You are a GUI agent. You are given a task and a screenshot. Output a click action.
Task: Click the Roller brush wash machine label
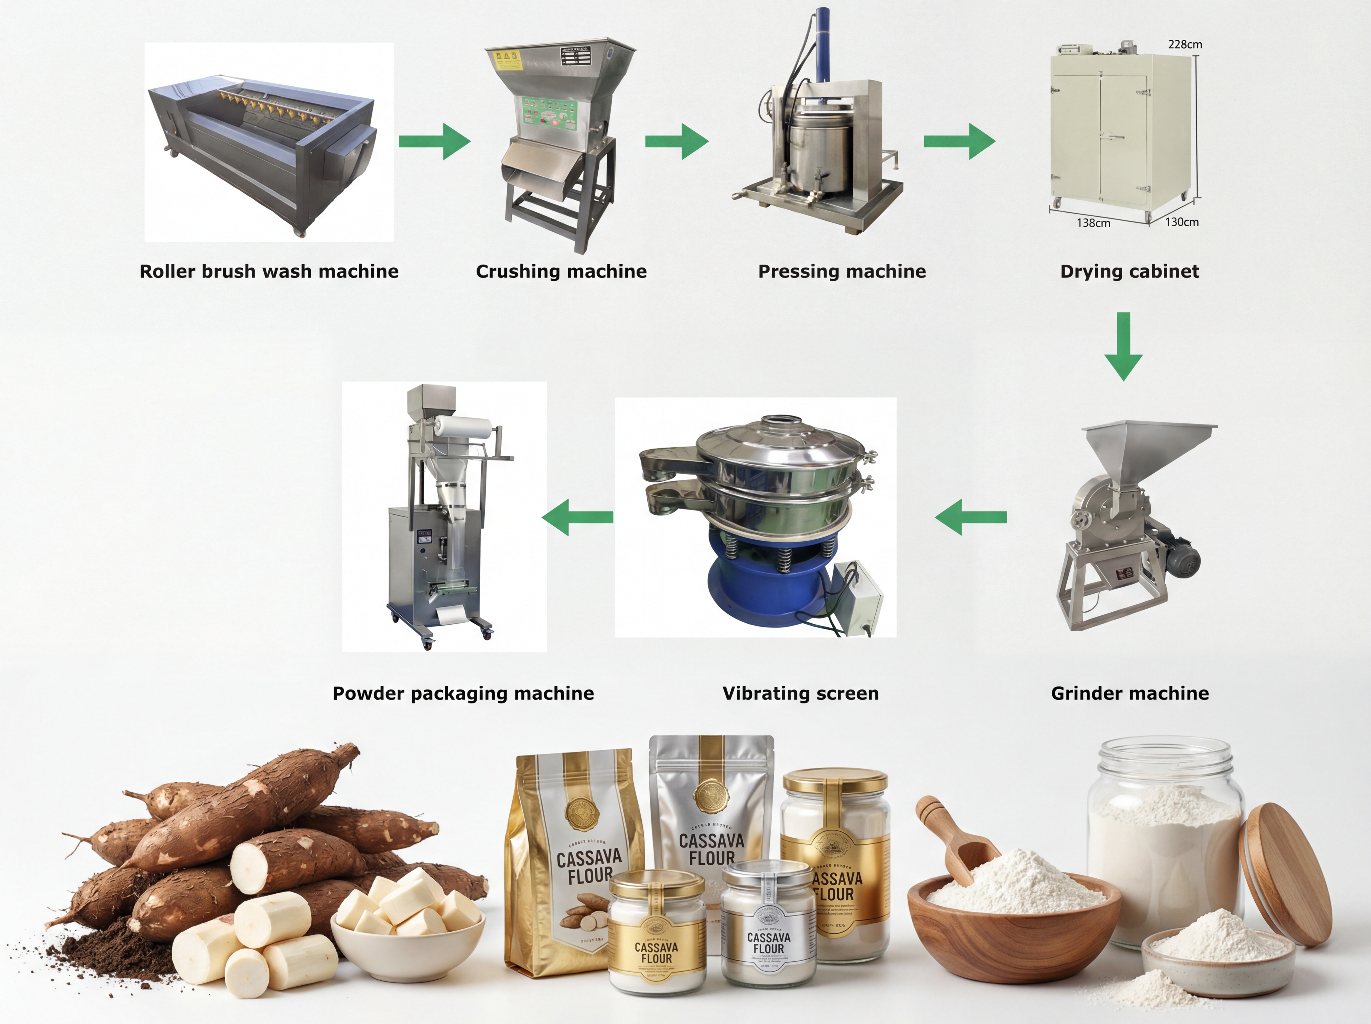[x=269, y=271]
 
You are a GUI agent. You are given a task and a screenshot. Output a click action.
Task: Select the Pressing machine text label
[x=842, y=271]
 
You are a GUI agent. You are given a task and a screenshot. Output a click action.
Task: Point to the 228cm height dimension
[x=1184, y=45]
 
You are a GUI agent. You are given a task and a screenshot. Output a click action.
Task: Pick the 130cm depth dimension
[x=1181, y=222]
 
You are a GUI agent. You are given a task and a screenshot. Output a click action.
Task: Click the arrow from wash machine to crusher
[x=434, y=141]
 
